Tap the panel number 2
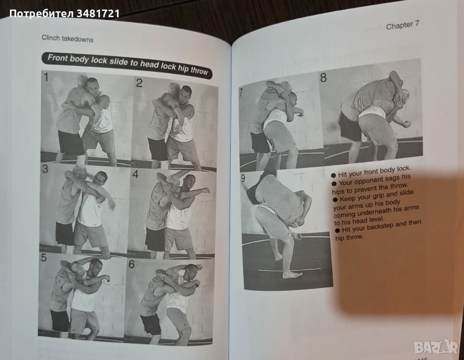click(139, 83)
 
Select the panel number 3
click(45, 169)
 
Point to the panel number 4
click(135, 174)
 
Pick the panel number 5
click(44, 258)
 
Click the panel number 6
click(131, 264)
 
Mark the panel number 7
click(241, 92)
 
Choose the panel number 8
click(324, 78)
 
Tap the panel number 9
click(243, 178)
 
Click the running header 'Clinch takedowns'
click(68, 39)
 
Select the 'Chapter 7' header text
click(403, 25)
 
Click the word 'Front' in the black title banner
click(58, 58)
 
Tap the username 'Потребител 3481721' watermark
click(64, 14)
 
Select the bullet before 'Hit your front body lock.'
click(333, 175)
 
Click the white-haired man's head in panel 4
click(173, 182)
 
